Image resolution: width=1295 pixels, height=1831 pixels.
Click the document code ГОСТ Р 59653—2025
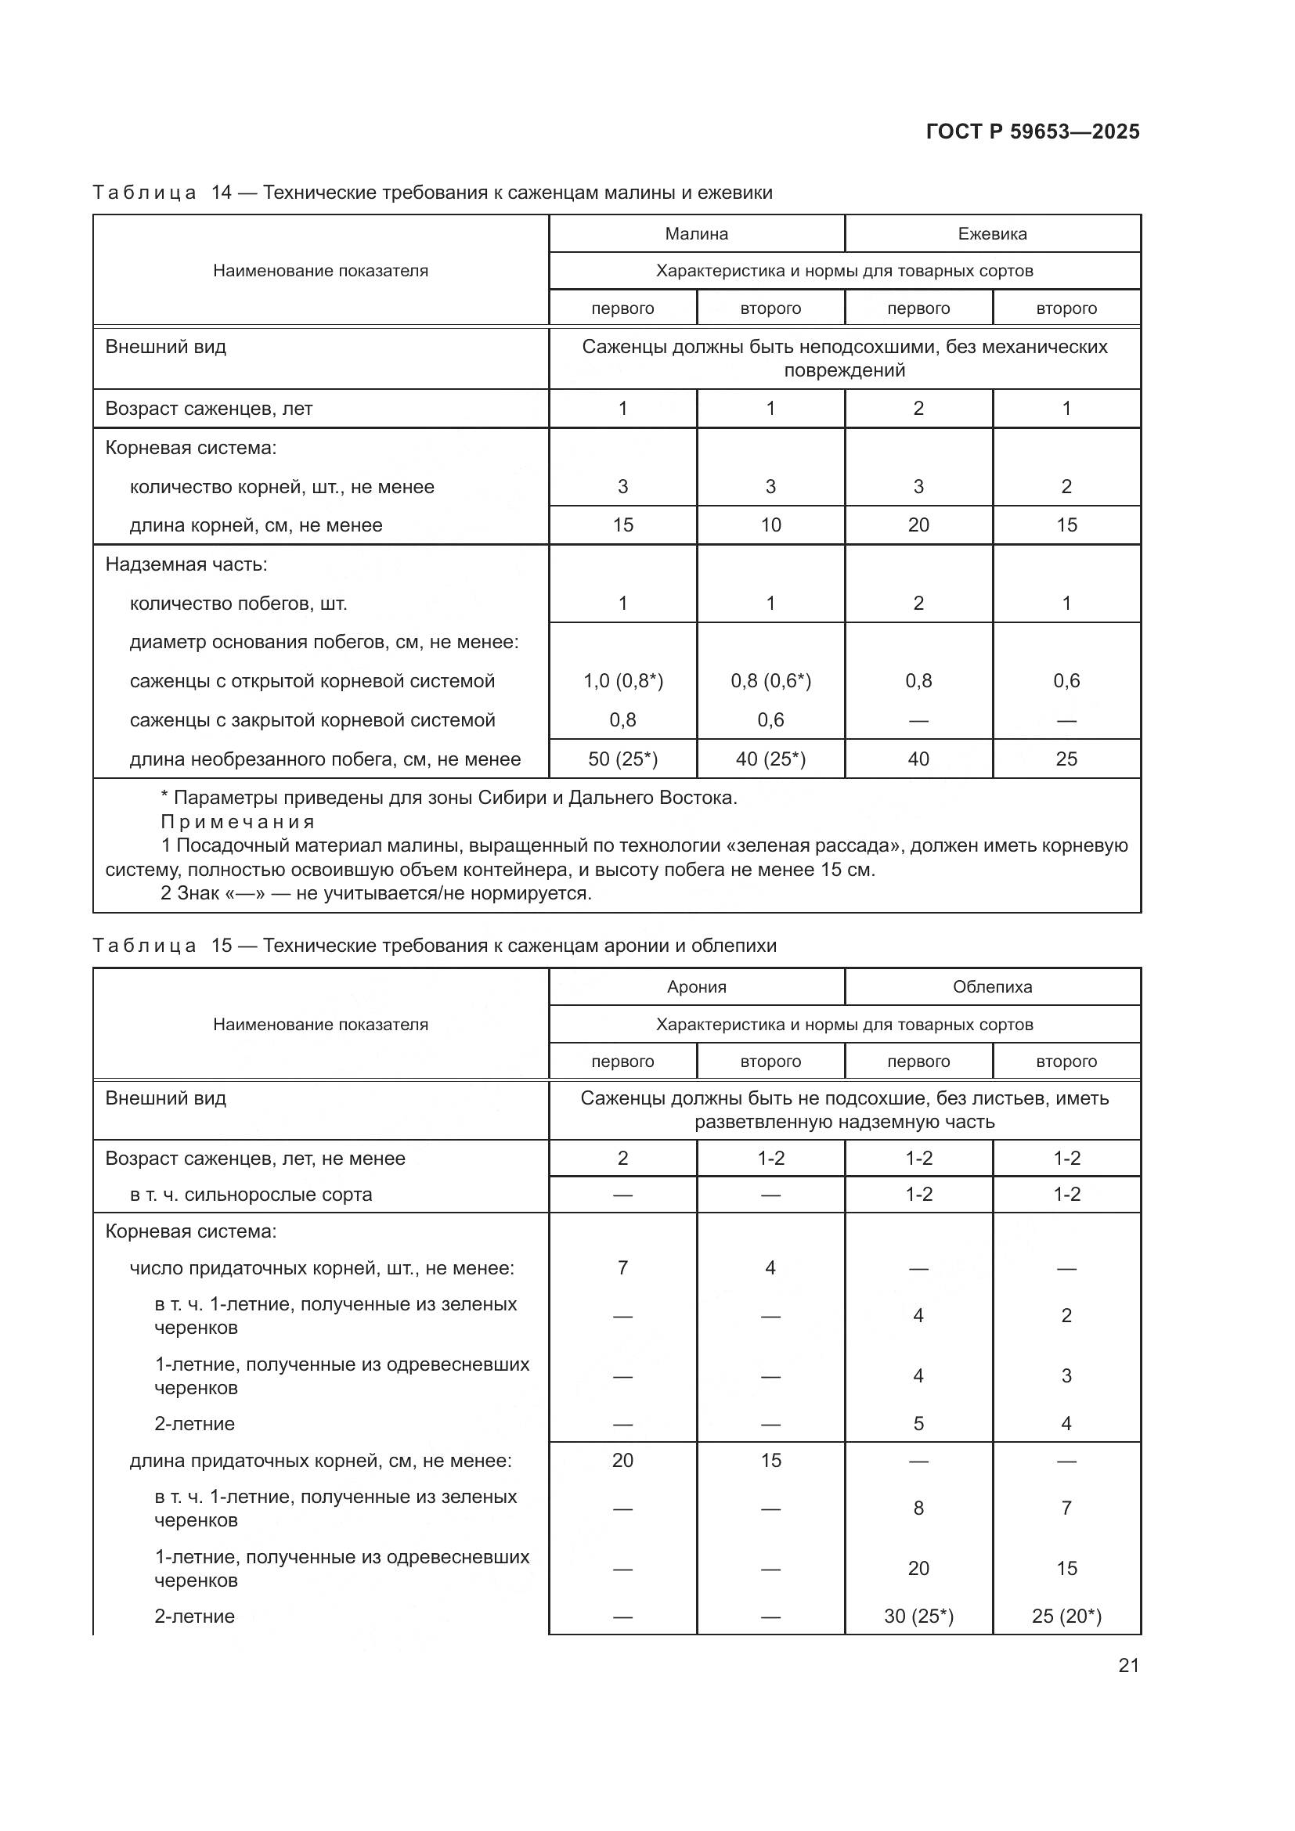[1033, 132]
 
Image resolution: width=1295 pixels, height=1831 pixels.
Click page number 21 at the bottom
[1128, 1665]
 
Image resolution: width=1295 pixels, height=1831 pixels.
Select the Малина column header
[696, 233]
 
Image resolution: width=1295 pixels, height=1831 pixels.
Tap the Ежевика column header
[992, 233]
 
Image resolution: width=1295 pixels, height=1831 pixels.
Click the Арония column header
[696, 986]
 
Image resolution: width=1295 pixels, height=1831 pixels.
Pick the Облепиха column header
[992, 986]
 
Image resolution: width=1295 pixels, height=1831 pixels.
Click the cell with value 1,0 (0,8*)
[622, 680]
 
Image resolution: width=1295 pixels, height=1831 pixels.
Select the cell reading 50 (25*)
[622, 759]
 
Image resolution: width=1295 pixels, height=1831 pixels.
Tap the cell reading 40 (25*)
[770, 759]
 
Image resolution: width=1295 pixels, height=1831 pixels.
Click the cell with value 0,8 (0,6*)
[770, 680]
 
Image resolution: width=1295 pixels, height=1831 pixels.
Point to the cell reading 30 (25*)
[918, 1616]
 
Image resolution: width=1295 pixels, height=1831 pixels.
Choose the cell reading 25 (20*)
[1066, 1616]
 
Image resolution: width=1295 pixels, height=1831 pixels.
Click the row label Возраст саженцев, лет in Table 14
[209, 409]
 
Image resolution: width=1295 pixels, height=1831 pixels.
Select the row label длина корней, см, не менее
[256, 524]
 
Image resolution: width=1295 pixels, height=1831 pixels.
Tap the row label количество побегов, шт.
[239, 603]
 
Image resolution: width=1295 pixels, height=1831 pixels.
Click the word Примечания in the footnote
[238, 821]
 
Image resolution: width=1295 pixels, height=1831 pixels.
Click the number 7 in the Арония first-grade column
[622, 1267]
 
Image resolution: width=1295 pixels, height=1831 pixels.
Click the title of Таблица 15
[435, 945]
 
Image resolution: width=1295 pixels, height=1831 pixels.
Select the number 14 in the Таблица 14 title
[221, 193]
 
